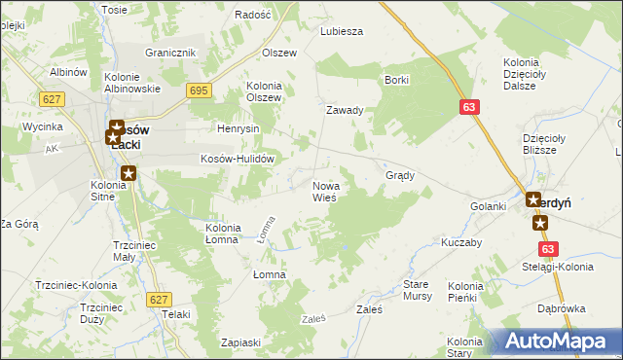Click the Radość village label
click(x=253, y=15)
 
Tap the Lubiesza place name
click(x=342, y=31)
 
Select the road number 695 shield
click(x=200, y=90)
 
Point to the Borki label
click(x=396, y=80)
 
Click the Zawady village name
click(x=345, y=110)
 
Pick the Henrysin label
click(x=237, y=128)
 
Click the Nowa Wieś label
click(x=324, y=191)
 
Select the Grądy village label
click(x=401, y=176)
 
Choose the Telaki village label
click(x=176, y=314)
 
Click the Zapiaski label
click(x=240, y=342)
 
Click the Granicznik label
click(x=170, y=53)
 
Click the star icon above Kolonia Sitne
click(x=128, y=174)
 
